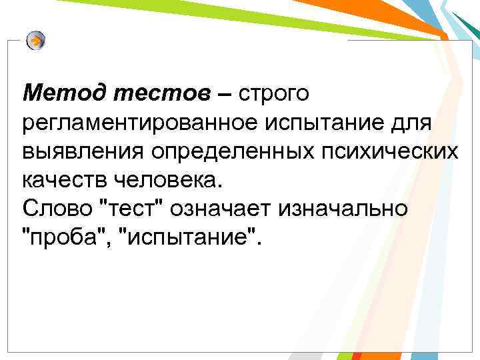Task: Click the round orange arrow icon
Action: pyautogui.click(x=36, y=41)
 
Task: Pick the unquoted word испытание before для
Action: pyautogui.click(x=335, y=123)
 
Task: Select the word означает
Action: pyautogui.click(x=226, y=208)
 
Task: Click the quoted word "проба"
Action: pyautogui.click(x=63, y=237)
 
